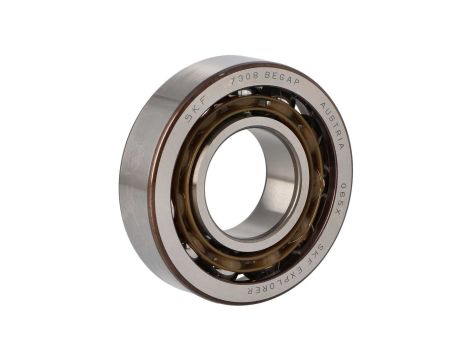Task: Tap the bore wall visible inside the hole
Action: click(275, 180)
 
